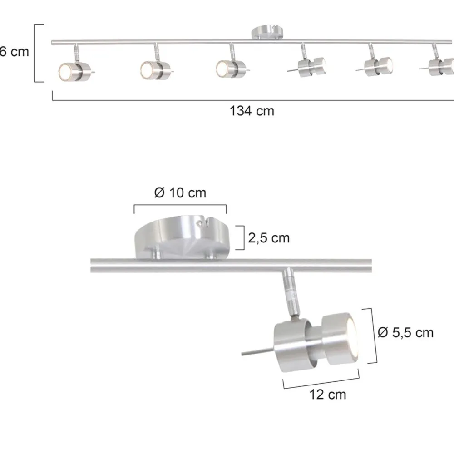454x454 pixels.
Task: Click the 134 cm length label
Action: click(252, 110)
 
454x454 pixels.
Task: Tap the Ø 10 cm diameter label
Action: click(180, 193)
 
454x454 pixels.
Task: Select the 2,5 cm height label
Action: click(269, 237)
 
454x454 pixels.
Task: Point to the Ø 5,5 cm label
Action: click(405, 333)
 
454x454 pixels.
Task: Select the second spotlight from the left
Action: click(154, 69)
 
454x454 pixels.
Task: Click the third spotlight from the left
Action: click(230, 68)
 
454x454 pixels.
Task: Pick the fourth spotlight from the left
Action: click(311, 67)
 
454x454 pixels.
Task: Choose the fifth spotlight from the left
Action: click(379, 66)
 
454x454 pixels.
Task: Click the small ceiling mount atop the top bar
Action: click(267, 33)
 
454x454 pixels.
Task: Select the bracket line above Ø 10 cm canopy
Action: click(180, 205)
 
